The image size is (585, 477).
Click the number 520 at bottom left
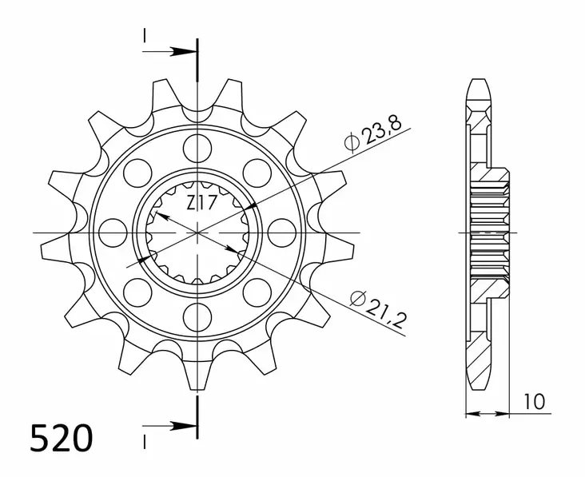(62, 439)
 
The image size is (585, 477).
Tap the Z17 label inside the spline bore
(201, 203)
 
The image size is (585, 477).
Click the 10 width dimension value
(535, 400)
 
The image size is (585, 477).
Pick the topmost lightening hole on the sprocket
(196, 146)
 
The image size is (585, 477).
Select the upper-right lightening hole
(257, 171)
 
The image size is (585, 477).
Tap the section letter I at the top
(145, 35)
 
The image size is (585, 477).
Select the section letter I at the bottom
(145, 441)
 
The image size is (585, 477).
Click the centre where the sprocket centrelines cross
(196, 233)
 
